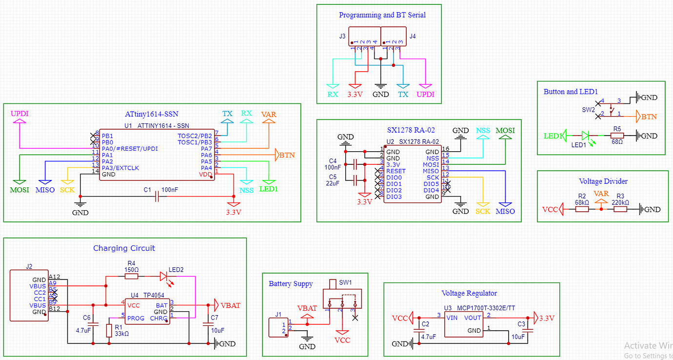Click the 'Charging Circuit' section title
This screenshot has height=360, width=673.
pos(124,248)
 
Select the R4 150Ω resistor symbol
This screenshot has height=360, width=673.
pos(131,277)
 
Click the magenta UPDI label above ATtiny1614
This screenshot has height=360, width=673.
pos(20,113)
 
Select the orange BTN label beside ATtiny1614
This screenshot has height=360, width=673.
pos(286,156)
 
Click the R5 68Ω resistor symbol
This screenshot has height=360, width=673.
pos(617,136)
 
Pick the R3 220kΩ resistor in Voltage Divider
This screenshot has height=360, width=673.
pos(620,209)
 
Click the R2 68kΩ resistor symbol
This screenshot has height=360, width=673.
pos(582,209)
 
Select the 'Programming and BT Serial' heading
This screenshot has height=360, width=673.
pos(382,15)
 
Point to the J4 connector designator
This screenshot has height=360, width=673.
pos(413,36)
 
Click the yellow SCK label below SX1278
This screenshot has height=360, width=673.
pos(482,211)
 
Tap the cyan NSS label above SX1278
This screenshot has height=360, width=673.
pos(483,131)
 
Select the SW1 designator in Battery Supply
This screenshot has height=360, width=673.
pos(345,282)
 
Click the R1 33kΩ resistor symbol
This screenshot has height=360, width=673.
pos(109,331)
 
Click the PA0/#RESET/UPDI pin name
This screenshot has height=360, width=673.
pos(130,148)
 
